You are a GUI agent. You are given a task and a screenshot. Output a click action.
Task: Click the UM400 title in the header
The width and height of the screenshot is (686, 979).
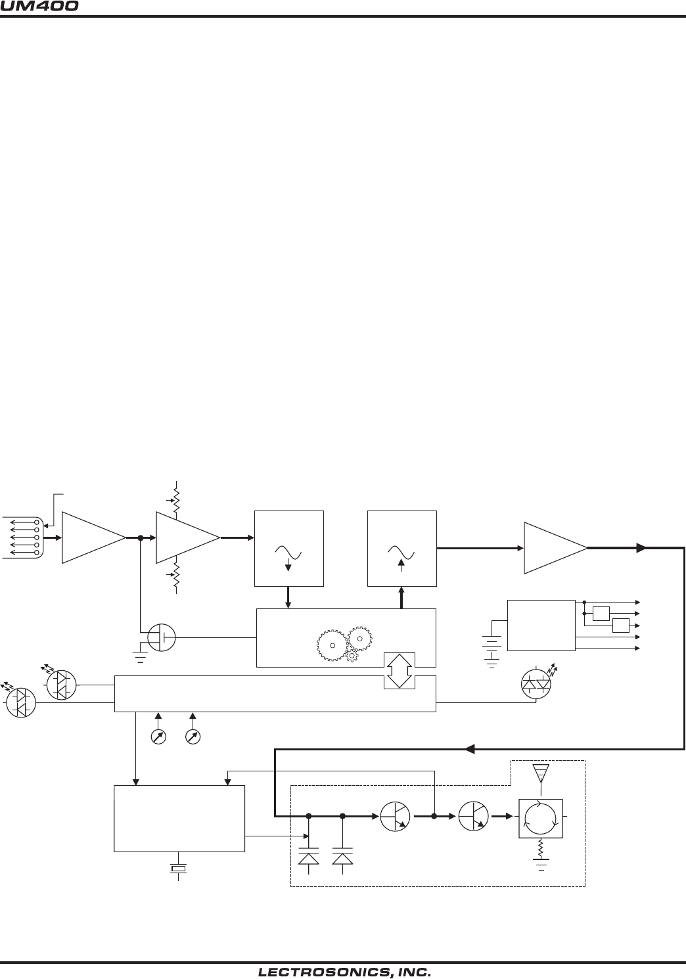click(x=40, y=7)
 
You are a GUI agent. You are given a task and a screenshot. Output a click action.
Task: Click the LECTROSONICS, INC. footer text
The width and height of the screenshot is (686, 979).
click(x=344, y=972)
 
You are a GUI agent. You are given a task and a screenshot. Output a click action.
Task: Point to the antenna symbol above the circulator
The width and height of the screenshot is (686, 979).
click(x=540, y=773)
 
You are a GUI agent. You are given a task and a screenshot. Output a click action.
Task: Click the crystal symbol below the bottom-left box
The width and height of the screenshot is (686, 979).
click(x=179, y=869)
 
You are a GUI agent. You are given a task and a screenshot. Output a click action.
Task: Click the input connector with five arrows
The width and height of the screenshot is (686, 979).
click(x=24, y=537)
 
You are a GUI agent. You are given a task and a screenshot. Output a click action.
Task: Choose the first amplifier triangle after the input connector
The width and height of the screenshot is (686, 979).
click(x=93, y=537)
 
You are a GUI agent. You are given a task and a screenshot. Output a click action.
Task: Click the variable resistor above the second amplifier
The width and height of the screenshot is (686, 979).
click(x=176, y=499)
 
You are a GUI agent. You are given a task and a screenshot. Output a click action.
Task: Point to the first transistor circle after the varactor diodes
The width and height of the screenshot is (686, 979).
click(x=396, y=817)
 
